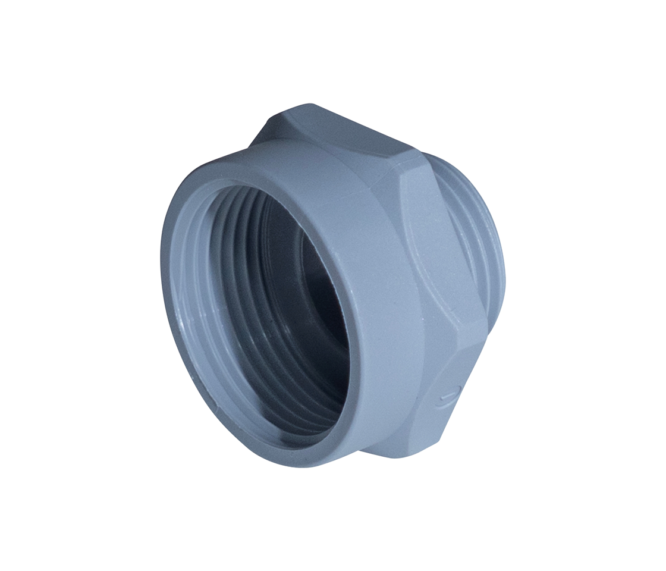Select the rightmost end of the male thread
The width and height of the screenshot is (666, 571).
pos(505,268)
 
